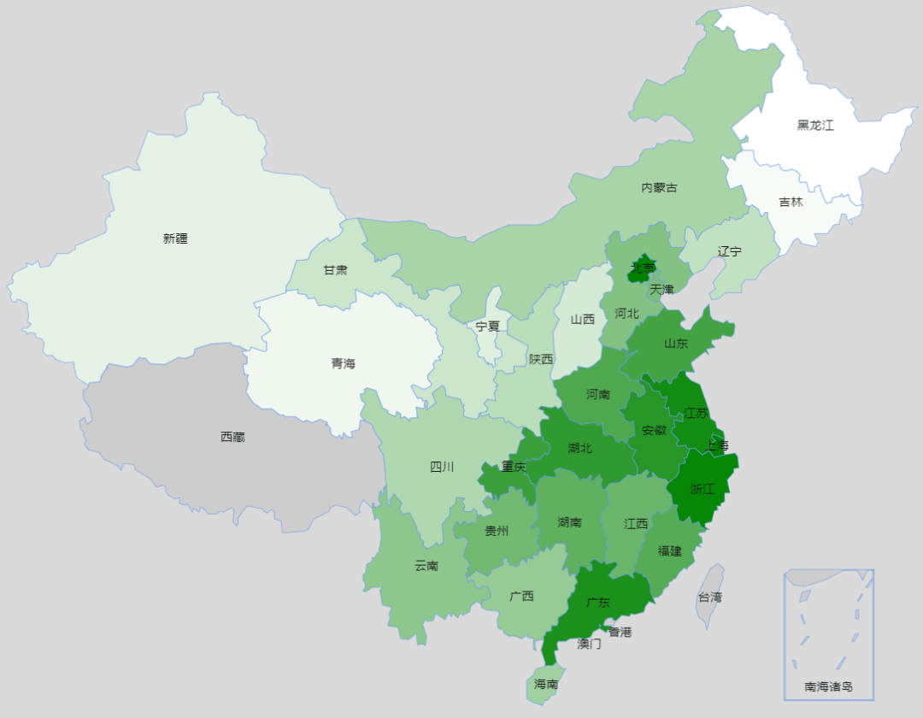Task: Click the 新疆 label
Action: pyautogui.click(x=175, y=238)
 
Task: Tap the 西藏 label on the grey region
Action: pyautogui.click(x=232, y=437)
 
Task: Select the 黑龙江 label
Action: pyautogui.click(x=815, y=125)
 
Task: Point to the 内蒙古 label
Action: pyautogui.click(x=659, y=187)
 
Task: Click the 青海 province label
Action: pyautogui.click(x=343, y=363)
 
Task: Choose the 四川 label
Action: pyautogui.click(x=442, y=467)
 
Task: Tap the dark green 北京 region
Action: pyautogui.click(x=643, y=266)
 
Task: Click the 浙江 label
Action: pyautogui.click(x=702, y=489)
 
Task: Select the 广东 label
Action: pyautogui.click(x=598, y=602)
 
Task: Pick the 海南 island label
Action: pyautogui.click(x=546, y=684)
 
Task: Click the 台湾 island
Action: pyautogui.click(x=710, y=596)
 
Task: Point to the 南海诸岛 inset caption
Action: pyautogui.click(x=828, y=686)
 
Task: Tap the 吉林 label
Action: pyautogui.click(x=791, y=202)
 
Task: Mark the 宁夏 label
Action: pyautogui.click(x=488, y=326)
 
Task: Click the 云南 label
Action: pyautogui.click(x=426, y=565)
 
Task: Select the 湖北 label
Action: pyautogui.click(x=579, y=446)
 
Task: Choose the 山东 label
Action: pyautogui.click(x=676, y=343)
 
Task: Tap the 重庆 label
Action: pyautogui.click(x=514, y=467)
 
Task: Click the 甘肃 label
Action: pyautogui.click(x=335, y=270)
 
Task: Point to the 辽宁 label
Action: pyautogui.click(x=730, y=251)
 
